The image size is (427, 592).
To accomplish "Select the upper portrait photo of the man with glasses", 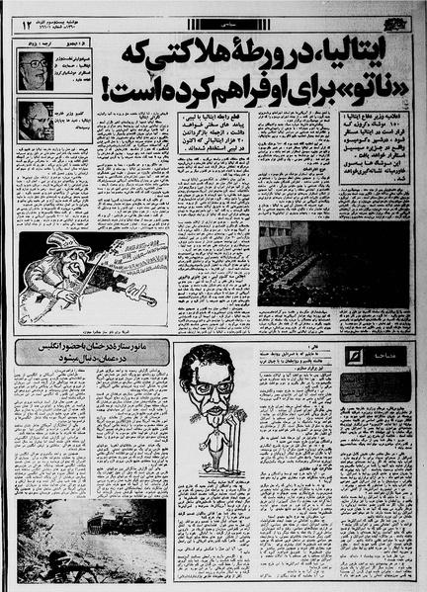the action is point(34,73).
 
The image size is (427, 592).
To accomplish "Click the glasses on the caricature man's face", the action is point(213,381).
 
